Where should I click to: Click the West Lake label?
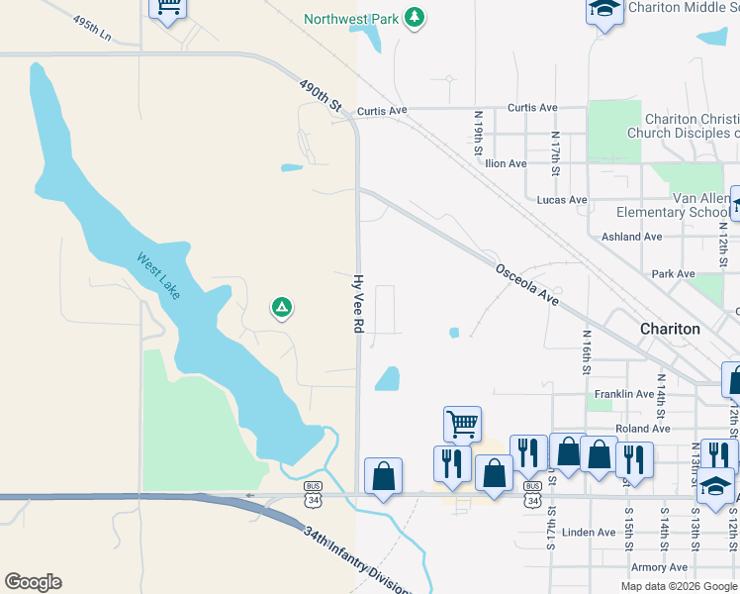(158, 276)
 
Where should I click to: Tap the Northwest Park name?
(351, 19)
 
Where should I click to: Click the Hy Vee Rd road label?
(360, 309)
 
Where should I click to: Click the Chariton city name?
(670, 328)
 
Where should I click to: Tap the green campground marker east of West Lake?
(281, 309)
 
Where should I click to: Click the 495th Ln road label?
(93, 27)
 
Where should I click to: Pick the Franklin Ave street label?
(624, 394)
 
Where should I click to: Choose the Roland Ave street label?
(642, 429)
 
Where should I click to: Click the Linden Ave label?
(589, 533)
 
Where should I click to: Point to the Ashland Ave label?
(632, 237)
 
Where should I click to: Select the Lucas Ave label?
(562, 200)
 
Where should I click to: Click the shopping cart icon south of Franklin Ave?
(463, 425)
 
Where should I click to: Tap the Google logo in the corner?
(33, 582)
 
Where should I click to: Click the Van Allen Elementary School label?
(673, 205)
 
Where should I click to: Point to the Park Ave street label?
(673, 273)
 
